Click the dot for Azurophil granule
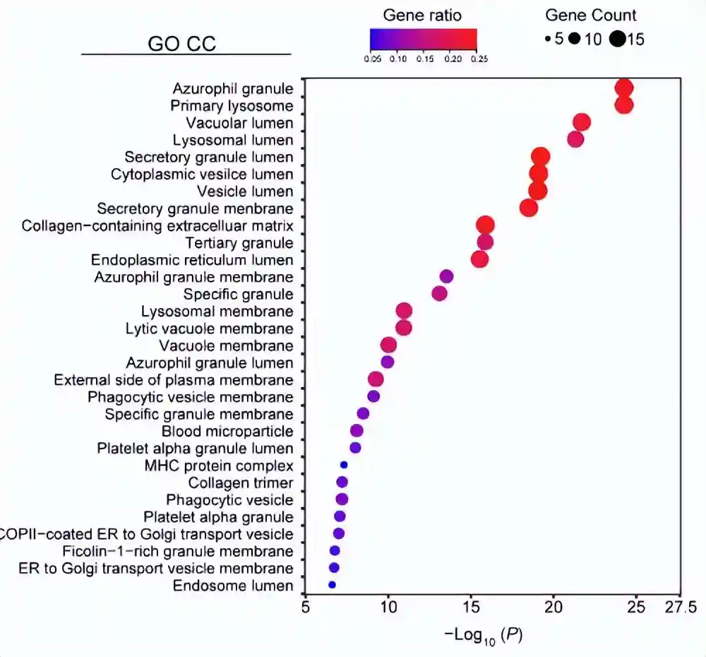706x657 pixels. pyautogui.click(x=623, y=88)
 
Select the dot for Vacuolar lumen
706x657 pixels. pyautogui.click(x=582, y=122)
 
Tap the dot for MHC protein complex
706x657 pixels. pyautogui.click(x=344, y=465)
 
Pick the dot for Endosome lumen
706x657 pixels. pyautogui.click(x=332, y=585)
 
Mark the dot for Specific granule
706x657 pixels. pyautogui.click(x=439, y=293)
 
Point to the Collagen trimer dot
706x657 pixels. pyautogui.click(x=342, y=483)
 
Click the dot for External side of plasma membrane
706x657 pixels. pyautogui.click(x=376, y=379)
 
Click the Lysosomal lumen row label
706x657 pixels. pyautogui.click(x=233, y=140)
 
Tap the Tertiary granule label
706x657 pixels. pyautogui.click(x=239, y=243)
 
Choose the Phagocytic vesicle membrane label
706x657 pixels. pyautogui.click(x=191, y=397)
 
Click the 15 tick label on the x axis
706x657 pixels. pyautogui.click(x=471, y=607)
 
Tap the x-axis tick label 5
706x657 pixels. pyautogui.click(x=305, y=607)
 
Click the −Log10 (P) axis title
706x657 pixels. pyautogui.click(x=484, y=634)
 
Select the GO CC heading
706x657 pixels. pyautogui.click(x=181, y=44)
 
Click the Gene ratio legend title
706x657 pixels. pyautogui.click(x=422, y=15)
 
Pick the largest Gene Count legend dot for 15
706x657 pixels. pyautogui.click(x=618, y=40)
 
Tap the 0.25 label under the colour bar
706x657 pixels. pyautogui.click(x=479, y=59)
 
